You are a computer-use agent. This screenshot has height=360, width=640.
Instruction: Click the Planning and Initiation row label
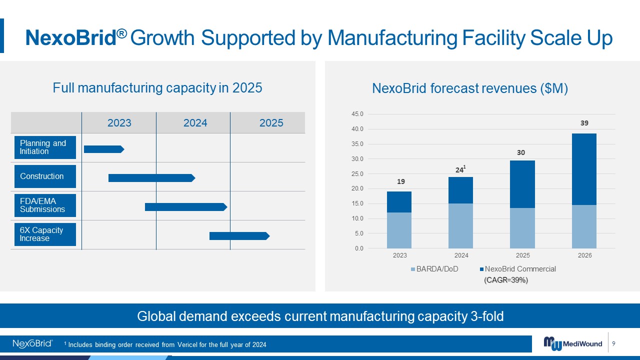(45, 147)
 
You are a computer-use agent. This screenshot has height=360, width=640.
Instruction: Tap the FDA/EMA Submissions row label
(45, 205)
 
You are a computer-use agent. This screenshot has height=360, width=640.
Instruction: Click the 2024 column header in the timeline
(195, 123)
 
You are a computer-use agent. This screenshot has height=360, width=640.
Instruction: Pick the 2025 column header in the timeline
(271, 123)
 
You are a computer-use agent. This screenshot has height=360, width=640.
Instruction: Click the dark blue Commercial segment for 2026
(584, 169)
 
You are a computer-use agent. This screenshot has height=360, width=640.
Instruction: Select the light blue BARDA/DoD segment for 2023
(399, 230)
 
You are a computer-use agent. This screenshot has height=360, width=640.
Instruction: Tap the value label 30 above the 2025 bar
(521, 152)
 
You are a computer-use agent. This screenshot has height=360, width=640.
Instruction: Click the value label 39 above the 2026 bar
(584, 122)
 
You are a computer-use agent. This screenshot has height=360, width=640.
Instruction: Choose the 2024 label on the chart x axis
(461, 255)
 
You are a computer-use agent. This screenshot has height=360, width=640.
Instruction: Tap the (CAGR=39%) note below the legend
(506, 280)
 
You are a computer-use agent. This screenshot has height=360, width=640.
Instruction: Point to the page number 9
(613, 343)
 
